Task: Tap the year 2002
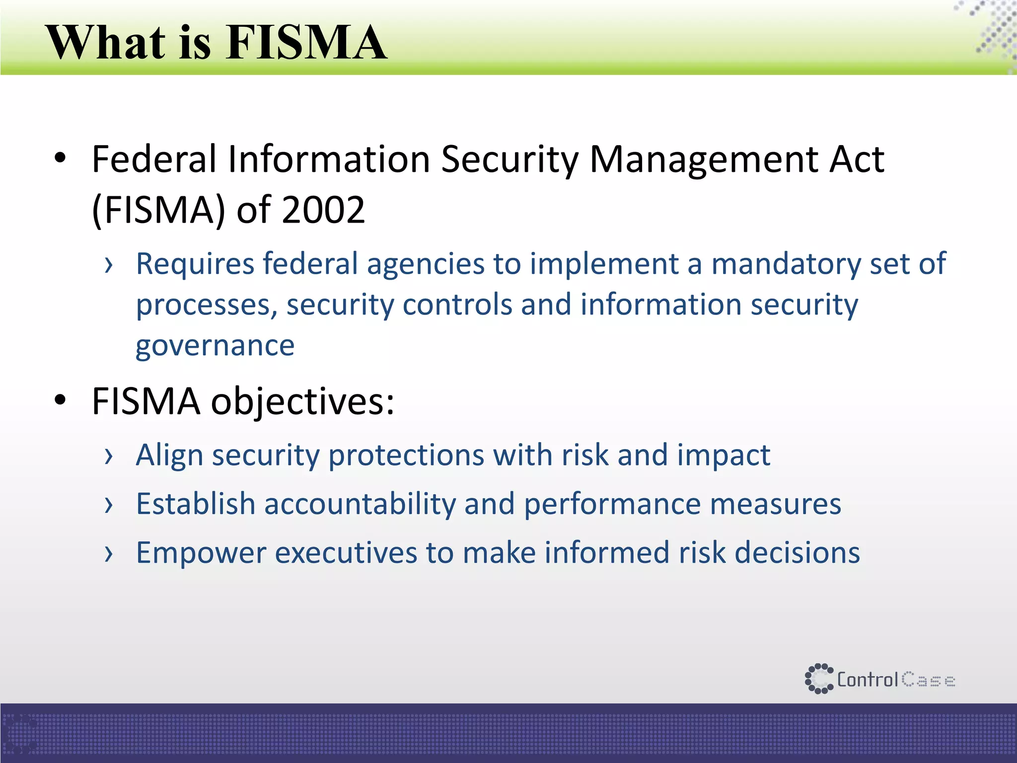click(x=323, y=210)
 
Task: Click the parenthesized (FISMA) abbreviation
click(x=159, y=211)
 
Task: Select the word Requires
click(x=194, y=264)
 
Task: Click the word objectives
click(x=302, y=401)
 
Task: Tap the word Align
click(x=169, y=456)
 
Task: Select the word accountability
click(x=360, y=504)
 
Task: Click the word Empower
click(x=201, y=553)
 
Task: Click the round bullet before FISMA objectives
click(x=60, y=400)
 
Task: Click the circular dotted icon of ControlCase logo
click(x=818, y=679)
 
